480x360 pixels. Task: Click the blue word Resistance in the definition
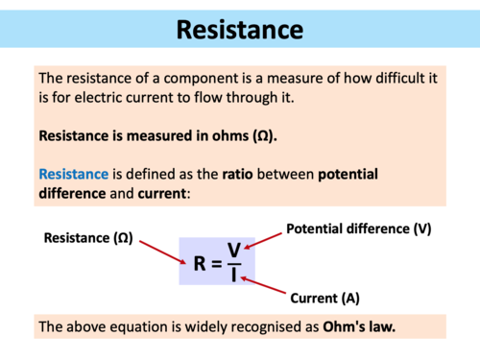point(73,175)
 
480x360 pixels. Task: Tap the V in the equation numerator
point(233,250)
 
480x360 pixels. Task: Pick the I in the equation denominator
point(233,276)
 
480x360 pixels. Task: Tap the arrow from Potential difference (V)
point(265,239)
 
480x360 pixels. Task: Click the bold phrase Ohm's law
point(361,326)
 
